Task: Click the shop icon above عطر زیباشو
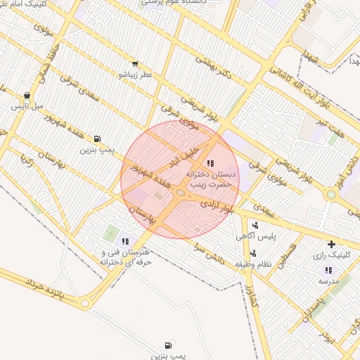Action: (x=134, y=64)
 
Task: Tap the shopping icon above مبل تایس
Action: (x=27, y=96)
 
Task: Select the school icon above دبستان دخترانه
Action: (x=210, y=163)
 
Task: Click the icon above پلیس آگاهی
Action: (x=254, y=226)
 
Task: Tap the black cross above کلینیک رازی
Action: (x=331, y=245)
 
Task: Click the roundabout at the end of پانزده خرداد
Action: (x=85, y=304)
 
